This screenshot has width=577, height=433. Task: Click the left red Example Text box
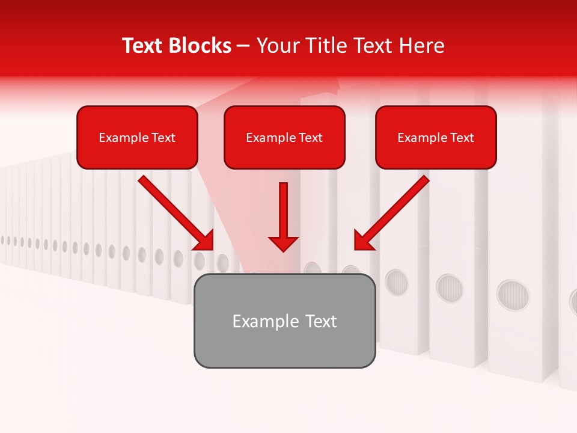pyautogui.click(x=137, y=137)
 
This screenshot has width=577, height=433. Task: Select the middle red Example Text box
pyautogui.click(x=284, y=137)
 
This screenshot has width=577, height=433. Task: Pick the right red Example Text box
pyautogui.click(x=436, y=137)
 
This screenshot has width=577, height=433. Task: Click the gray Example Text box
pyautogui.click(x=284, y=321)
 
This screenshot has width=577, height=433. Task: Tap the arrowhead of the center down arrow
pyautogui.click(x=283, y=244)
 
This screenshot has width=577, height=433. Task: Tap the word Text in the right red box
pyautogui.click(x=462, y=138)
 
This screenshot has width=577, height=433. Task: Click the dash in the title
pyautogui.click(x=243, y=46)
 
